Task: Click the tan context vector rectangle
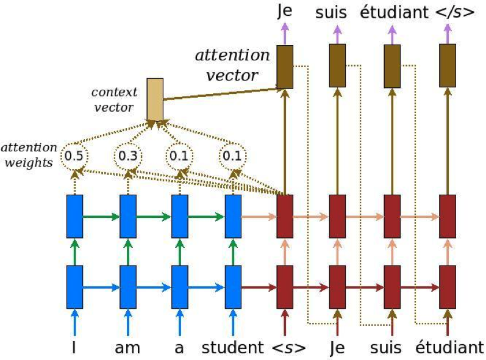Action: coord(155,99)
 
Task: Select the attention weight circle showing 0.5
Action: coord(74,156)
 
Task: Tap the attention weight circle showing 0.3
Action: coord(127,156)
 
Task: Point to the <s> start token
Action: coord(285,348)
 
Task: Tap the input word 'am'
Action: coord(127,348)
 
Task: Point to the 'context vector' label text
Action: coord(114,99)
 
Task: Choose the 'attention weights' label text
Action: coord(29,156)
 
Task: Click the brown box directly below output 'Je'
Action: coord(285,67)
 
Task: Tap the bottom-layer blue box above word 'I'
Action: coord(74,286)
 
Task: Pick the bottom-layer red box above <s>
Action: coord(285,286)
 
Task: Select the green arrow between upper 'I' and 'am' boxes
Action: coord(101,216)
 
